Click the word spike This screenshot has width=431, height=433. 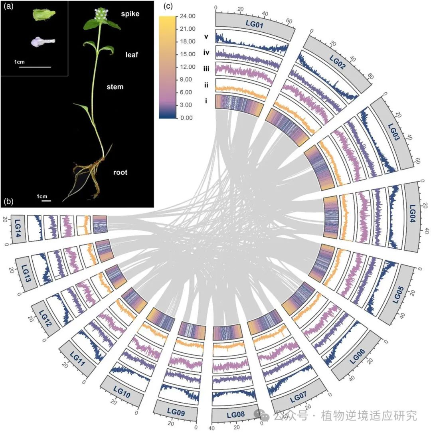click(x=130, y=14)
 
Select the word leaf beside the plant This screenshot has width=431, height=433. click(x=131, y=55)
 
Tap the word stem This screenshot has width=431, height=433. click(x=115, y=87)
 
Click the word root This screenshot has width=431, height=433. click(x=120, y=172)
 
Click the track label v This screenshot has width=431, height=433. click(x=206, y=36)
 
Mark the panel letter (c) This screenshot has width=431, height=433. click(x=169, y=6)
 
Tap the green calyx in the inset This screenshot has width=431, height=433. click(x=43, y=15)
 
